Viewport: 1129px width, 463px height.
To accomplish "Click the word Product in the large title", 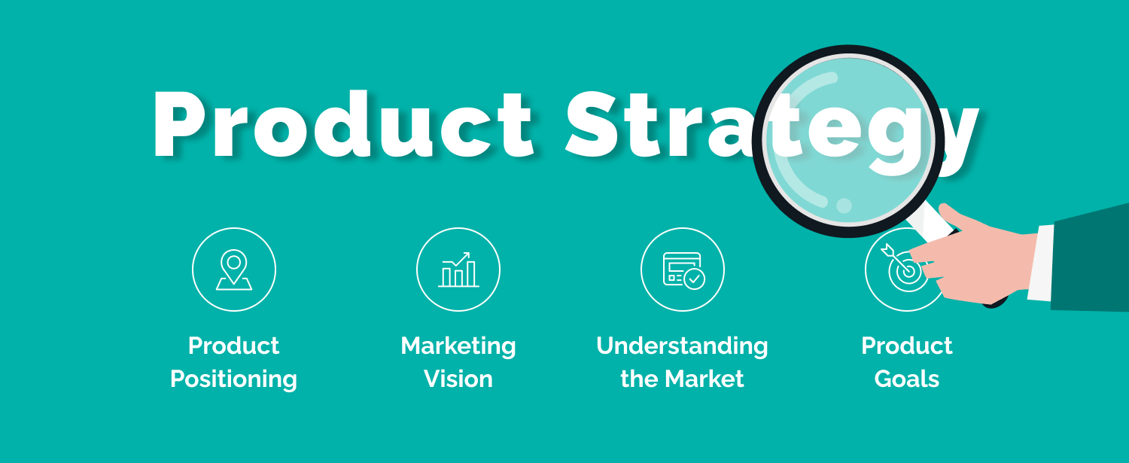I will coord(342,125).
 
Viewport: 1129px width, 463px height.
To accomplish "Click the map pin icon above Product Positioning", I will coord(234,269).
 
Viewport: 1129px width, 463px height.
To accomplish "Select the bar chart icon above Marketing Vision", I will coord(458,269).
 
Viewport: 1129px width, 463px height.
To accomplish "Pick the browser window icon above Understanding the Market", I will coord(683,269).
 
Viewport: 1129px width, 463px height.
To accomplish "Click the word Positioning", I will coord(233,379).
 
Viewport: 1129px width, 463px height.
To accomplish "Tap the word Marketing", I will coord(458,346).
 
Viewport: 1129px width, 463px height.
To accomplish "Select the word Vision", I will coord(458,379).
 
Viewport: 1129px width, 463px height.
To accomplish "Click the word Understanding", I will coord(682,346).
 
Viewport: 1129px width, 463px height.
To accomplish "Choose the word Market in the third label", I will coord(708,379).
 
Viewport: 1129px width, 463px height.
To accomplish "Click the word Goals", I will coord(907,379).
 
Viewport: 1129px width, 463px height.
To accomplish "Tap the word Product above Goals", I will coord(907,346).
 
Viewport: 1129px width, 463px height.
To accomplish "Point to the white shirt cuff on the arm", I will coord(1042,263).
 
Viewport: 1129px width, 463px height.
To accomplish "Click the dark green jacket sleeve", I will coord(1091,260).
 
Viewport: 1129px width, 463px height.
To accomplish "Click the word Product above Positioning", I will coord(233,346).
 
